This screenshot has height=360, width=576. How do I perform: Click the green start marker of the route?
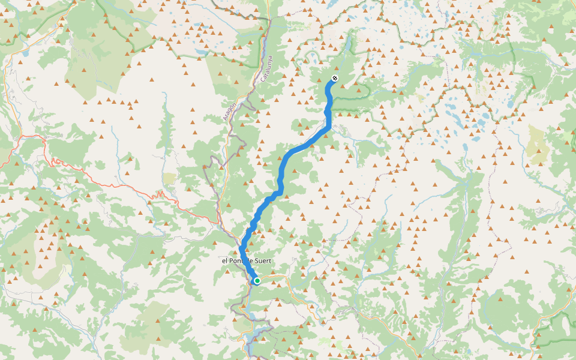[257, 281]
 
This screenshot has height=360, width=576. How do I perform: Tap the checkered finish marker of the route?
[335, 79]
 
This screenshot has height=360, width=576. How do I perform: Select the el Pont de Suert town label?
[247, 261]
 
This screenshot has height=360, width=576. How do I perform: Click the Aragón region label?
[227, 112]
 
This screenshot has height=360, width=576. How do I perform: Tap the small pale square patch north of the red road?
[170, 178]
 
